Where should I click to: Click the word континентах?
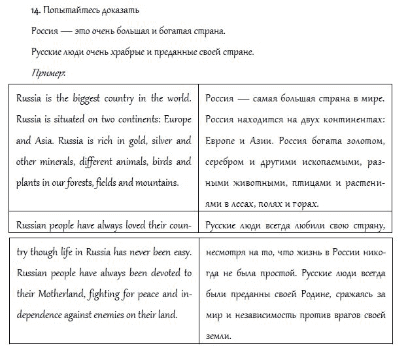(x=352, y=120)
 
